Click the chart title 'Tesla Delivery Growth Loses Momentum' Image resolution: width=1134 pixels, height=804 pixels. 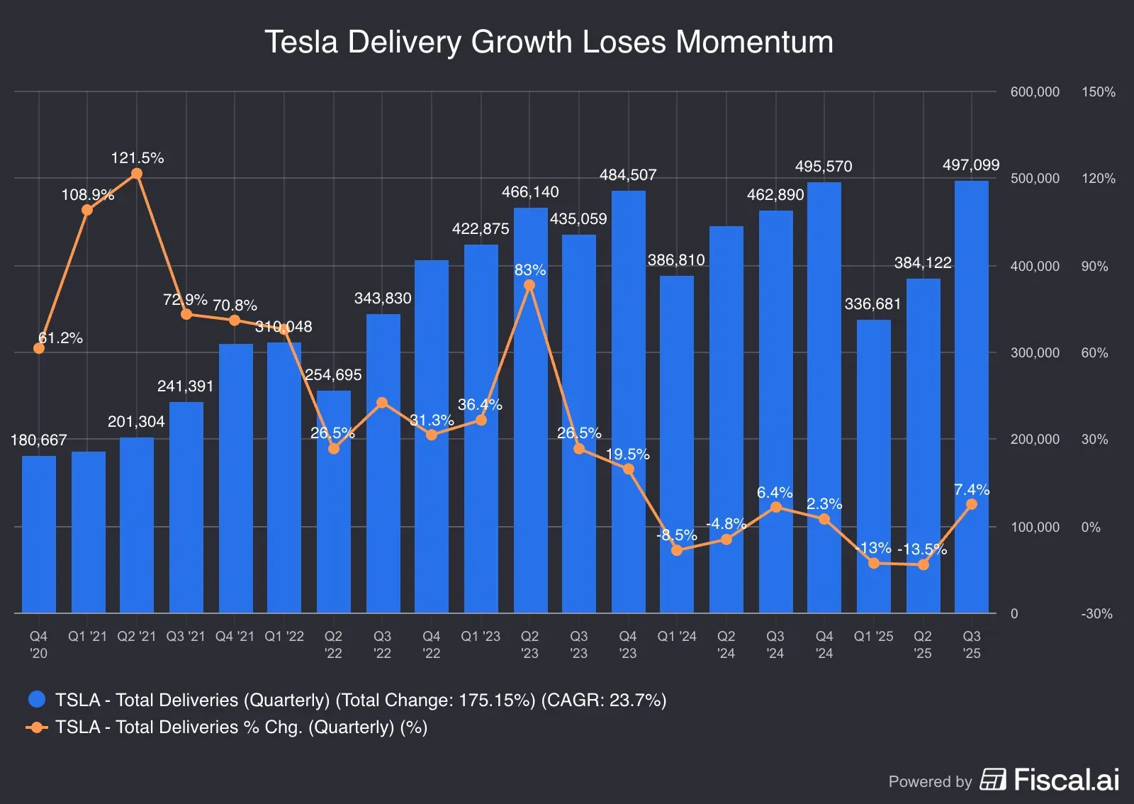click(x=549, y=42)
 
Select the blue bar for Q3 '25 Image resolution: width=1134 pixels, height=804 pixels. click(x=971, y=397)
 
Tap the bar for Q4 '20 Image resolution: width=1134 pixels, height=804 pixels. click(x=39, y=535)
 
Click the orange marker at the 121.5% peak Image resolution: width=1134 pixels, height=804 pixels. click(x=137, y=174)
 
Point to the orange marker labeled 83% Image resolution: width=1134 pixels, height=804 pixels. click(x=529, y=285)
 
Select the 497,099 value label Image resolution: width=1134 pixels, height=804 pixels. click(x=970, y=165)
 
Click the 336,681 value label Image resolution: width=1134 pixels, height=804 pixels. click(x=872, y=304)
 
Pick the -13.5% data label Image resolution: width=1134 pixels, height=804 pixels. click(x=921, y=549)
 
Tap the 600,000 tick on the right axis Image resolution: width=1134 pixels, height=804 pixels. click(x=1035, y=92)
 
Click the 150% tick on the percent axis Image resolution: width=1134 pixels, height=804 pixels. click(x=1098, y=92)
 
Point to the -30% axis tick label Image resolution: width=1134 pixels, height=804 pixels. click(x=1096, y=614)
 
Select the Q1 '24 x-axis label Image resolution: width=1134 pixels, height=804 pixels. click(x=677, y=637)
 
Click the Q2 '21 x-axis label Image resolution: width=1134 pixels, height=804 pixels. click(x=136, y=637)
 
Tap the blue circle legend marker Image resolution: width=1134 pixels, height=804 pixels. click(x=37, y=700)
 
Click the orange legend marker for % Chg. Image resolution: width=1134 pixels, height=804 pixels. click(x=37, y=727)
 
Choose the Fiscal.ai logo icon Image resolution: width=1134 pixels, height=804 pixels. click(x=993, y=779)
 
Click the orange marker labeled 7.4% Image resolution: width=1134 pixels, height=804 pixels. click(x=972, y=504)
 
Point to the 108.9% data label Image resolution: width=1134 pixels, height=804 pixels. click(x=88, y=194)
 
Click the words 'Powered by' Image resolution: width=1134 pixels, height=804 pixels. click(x=930, y=781)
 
